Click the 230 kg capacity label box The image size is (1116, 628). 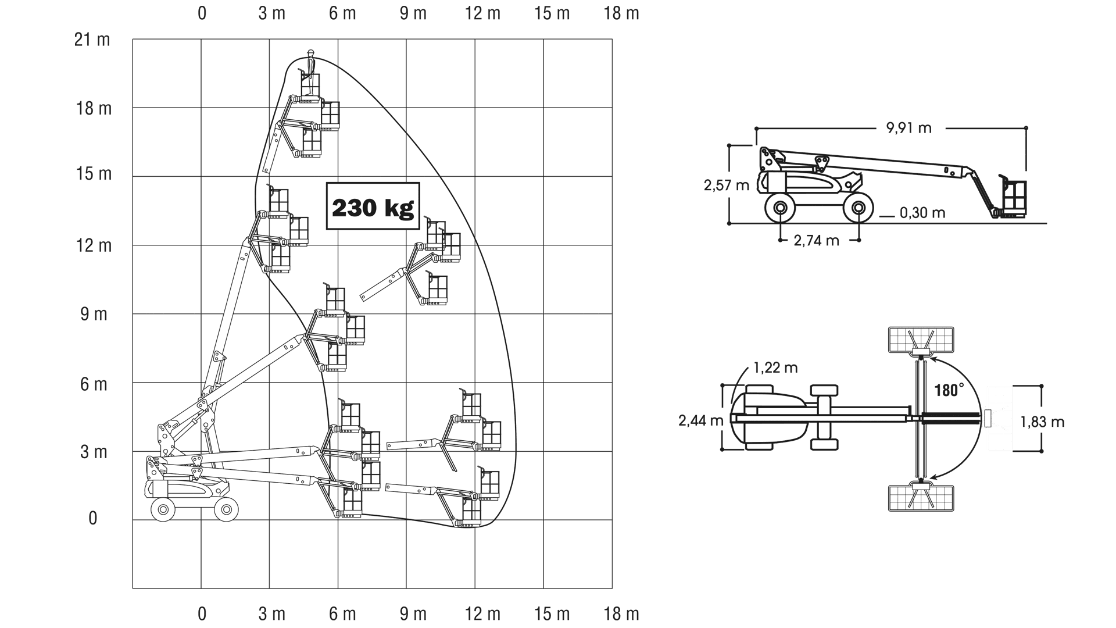point(373,206)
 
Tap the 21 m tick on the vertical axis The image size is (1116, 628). point(92,40)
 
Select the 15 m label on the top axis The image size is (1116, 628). point(552,13)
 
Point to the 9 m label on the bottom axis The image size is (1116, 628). point(413,613)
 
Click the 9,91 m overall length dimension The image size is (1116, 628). point(908,127)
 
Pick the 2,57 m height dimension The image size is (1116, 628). point(726,185)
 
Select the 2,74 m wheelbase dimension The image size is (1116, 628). point(816,240)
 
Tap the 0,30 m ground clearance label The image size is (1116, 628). point(922,213)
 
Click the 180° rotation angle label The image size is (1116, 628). point(949,390)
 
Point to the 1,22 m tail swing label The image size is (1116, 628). point(775,367)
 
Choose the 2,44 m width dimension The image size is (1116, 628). point(700,420)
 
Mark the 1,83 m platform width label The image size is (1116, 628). point(1042,422)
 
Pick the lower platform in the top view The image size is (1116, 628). point(921,498)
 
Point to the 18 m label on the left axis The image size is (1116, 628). point(94,109)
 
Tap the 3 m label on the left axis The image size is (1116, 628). point(94,452)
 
